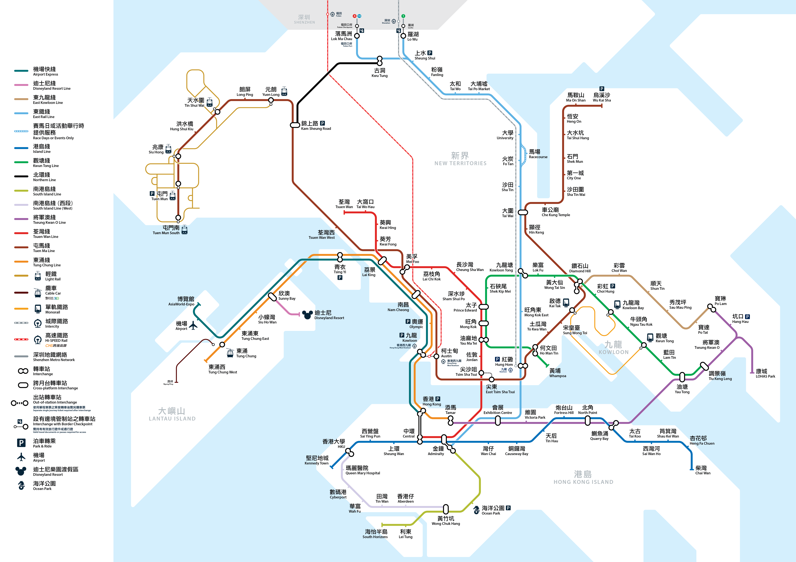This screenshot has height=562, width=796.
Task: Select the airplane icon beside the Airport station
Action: click(193, 326)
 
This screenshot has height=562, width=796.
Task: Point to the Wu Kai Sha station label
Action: click(602, 97)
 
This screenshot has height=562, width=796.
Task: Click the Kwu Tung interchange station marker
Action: click(380, 61)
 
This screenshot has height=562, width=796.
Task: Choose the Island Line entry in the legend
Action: click(42, 149)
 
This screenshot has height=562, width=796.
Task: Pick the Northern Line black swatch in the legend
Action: click(21, 176)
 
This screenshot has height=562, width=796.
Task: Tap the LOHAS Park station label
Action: click(765, 373)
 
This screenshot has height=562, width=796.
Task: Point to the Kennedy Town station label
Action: click(317, 460)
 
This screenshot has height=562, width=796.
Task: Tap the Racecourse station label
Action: click(538, 154)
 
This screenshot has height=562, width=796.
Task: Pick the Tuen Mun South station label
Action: click(166, 230)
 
